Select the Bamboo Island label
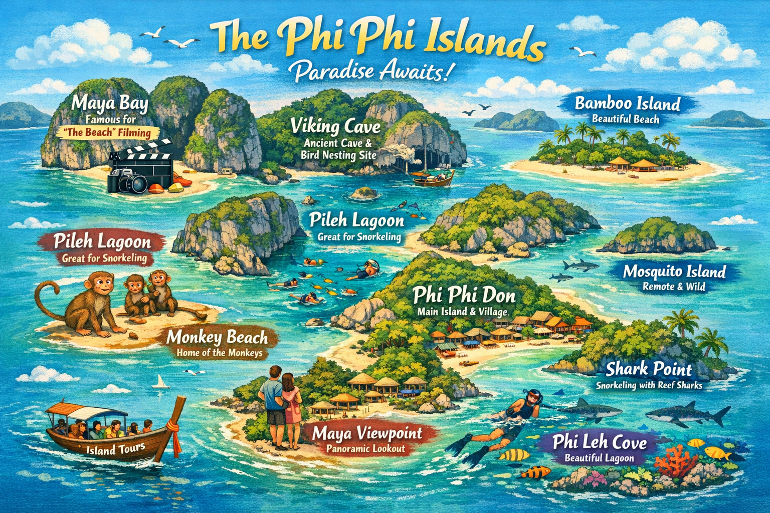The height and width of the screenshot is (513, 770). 627,104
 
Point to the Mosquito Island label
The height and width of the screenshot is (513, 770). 674,272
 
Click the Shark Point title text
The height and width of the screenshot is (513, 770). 649,370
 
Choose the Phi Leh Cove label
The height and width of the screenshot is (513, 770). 600,443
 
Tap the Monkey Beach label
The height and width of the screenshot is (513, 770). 217,338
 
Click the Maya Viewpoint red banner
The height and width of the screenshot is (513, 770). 367,434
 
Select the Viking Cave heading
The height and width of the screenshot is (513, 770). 336,126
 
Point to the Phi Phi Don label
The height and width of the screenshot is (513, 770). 464,296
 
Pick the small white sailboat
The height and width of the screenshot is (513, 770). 161,383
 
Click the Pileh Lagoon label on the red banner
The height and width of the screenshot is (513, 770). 102,242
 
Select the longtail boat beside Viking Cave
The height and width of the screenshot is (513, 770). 432,177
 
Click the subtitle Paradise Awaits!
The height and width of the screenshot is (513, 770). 371,72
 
